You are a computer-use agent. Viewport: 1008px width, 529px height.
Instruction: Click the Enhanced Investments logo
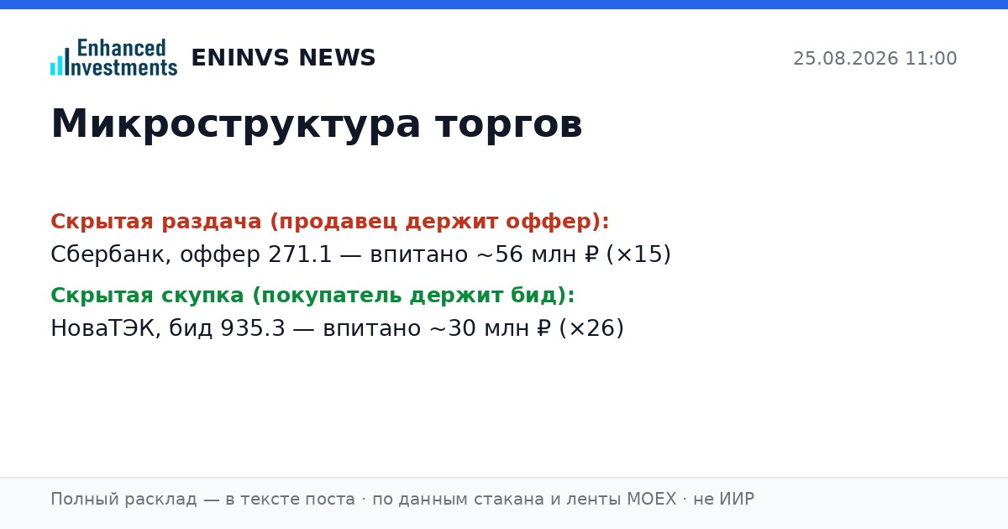[114, 57]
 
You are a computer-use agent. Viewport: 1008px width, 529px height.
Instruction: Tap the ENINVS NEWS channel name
[284, 58]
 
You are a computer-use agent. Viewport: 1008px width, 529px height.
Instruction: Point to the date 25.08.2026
[846, 59]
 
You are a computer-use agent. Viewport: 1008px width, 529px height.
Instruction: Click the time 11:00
[931, 59]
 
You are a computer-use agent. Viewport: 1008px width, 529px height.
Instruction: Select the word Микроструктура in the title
[236, 124]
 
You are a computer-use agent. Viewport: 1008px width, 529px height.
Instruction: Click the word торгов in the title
[509, 124]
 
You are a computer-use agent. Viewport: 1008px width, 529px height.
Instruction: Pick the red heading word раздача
[211, 222]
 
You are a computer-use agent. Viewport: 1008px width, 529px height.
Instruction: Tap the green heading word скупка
[202, 296]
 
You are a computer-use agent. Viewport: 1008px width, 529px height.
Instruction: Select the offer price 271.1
[300, 254]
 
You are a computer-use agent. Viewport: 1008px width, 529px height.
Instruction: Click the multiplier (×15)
[638, 254]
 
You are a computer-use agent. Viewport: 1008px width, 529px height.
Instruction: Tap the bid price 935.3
[253, 328]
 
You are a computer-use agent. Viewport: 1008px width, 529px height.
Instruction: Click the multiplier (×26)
[591, 328]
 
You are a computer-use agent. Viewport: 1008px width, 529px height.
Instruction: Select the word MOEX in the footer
[652, 499]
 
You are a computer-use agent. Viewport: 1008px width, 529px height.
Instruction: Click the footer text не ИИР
[723, 499]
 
